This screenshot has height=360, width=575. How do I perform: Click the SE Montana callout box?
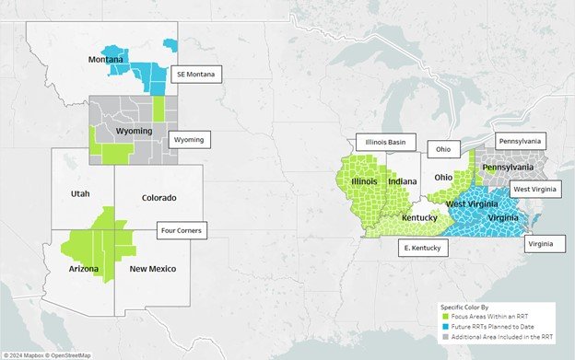[x=195, y=74]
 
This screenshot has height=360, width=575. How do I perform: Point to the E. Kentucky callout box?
[x=424, y=248]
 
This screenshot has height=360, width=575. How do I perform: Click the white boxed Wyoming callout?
[x=190, y=140]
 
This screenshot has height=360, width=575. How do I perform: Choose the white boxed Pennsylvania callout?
[x=521, y=142]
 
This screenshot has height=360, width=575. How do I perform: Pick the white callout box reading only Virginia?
[x=543, y=244]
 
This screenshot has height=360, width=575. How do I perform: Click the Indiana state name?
[x=402, y=181]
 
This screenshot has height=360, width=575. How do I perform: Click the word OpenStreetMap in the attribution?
[x=72, y=354]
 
